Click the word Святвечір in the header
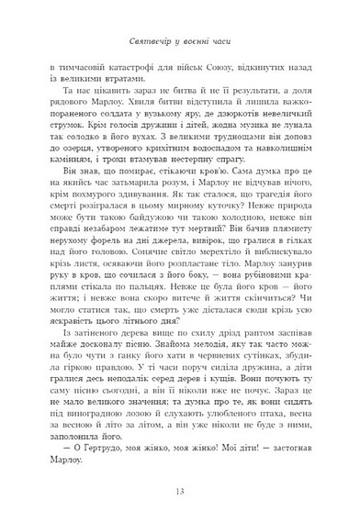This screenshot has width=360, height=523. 146,44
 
